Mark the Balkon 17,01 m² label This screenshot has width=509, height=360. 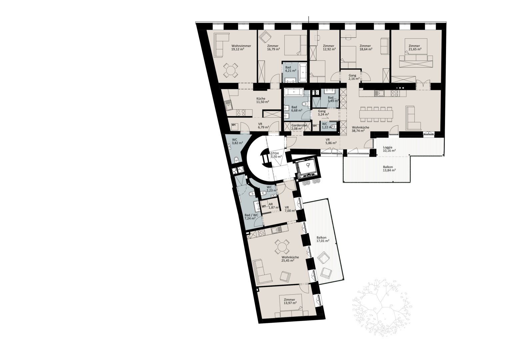tap(323, 239)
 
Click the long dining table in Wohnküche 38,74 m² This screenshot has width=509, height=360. tap(376, 114)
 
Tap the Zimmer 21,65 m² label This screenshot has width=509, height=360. tap(415, 47)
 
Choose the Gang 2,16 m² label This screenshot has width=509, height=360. tap(354, 77)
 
